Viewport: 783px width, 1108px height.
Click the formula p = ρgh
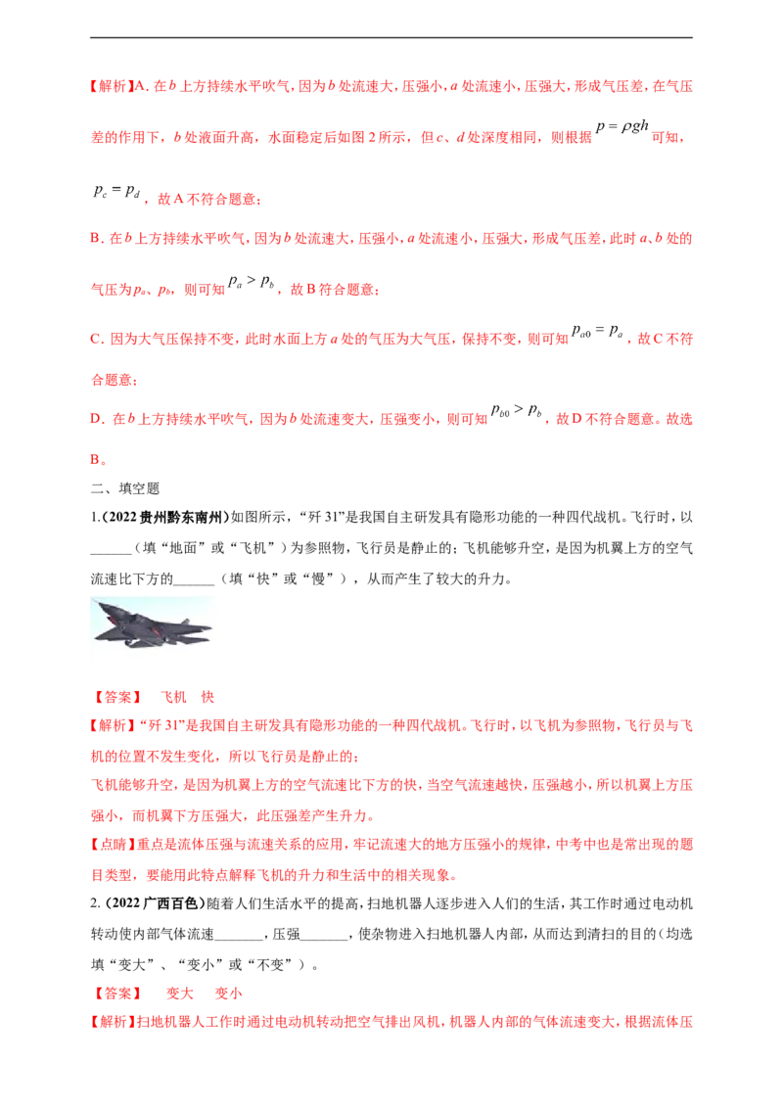(x=622, y=126)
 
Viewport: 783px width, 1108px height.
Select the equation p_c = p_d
(x=116, y=191)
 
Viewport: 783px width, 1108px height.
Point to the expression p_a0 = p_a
(x=597, y=331)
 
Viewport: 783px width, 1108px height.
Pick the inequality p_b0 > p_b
(x=517, y=410)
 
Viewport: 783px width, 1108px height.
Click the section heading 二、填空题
(x=125, y=488)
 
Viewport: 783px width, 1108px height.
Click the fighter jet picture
(x=152, y=624)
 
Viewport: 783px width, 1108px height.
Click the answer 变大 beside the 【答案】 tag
(x=179, y=993)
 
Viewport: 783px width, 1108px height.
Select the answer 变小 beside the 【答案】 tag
(x=228, y=993)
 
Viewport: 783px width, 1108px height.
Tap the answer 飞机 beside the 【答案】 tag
(x=173, y=698)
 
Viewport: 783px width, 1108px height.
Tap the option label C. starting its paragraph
(x=98, y=340)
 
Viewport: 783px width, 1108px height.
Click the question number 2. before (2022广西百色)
(x=96, y=903)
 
